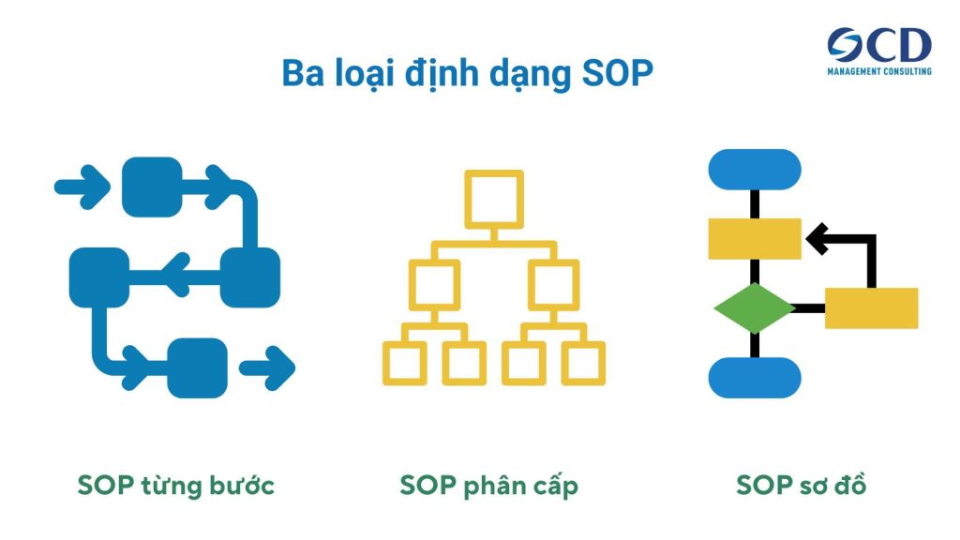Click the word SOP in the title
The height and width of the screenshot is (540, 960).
coord(613,73)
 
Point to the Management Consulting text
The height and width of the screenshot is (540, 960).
coord(878,70)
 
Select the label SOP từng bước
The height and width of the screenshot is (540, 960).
coord(175,486)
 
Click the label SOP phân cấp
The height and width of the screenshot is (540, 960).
coord(488,486)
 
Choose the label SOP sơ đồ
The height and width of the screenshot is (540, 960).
coord(802,486)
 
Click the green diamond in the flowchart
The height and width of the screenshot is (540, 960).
coord(754,308)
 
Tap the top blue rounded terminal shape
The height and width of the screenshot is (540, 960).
coord(755,170)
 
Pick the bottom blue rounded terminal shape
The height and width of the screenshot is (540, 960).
coord(755,377)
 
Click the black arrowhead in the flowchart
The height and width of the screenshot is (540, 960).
coord(817,238)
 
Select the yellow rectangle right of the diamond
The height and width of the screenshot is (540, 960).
coord(871,308)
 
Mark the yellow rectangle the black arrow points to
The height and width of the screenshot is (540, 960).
coord(755,238)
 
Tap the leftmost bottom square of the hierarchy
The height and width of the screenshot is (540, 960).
coord(405,362)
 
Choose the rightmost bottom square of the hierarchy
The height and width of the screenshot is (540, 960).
coord(583,362)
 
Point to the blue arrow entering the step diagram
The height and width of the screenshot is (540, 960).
coord(82,185)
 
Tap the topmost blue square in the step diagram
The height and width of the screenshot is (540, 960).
coord(152,187)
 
